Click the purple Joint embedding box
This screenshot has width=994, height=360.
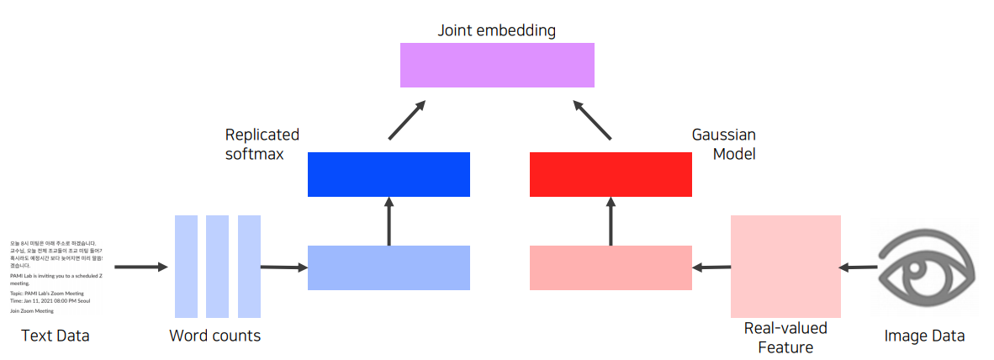pyautogui.click(x=496, y=65)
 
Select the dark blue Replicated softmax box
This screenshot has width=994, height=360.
pyautogui.click(x=389, y=174)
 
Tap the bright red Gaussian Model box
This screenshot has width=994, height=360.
pyautogui.click(x=611, y=174)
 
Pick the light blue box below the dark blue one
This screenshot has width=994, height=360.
pyautogui.click(x=389, y=267)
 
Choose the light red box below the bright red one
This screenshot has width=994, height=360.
pyautogui.click(x=611, y=267)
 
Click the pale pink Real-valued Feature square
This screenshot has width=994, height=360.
pyautogui.click(x=785, y=266)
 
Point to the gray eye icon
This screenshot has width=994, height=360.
pyautogui.click(x=924, y=267)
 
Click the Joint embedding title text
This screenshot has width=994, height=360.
pyautogui.click(x=496, y=30)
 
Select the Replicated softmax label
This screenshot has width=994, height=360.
pyautogui.click(x=262, y=145)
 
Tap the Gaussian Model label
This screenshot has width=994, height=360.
pyautogui.click(x=723, y=145)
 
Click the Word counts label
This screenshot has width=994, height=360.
pyautogui.click(x=214, y=336)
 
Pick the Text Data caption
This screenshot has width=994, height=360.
pyautogui.click(x=56, y=336)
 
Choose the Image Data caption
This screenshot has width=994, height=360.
pyautogui.click(x=924, y=336)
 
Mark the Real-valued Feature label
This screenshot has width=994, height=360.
pyautogui.click(x=785, y=336)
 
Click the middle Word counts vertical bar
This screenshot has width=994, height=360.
pyautogui.click(x=217, y=266)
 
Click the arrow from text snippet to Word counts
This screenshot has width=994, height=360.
pyautogui.click(x=141, y=267)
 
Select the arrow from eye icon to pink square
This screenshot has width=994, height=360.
pyautogui.click(x=859, y=267)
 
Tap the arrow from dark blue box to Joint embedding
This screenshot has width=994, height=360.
pyautogui.click(x=407, y=119)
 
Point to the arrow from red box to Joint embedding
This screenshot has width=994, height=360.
pyautogui.click(x=593, y=119)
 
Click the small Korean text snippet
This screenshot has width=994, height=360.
pyautogui.click(x=56, y=277)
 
